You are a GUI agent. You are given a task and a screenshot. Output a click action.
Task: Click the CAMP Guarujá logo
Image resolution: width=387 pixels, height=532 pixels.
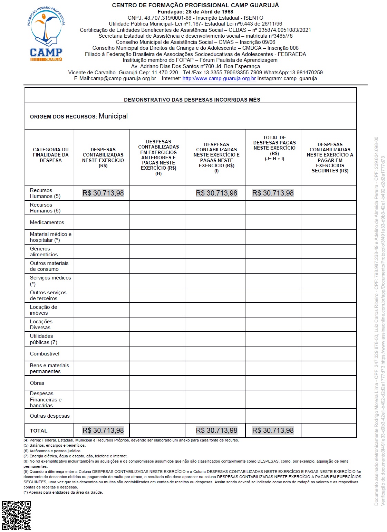46,34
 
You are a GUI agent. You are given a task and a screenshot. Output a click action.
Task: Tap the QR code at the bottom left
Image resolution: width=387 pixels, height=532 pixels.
16,516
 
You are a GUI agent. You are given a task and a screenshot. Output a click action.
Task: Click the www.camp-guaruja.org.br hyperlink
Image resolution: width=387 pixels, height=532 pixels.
219,78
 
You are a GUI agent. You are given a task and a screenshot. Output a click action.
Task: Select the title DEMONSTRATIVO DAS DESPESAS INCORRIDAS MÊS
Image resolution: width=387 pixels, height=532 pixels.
192,99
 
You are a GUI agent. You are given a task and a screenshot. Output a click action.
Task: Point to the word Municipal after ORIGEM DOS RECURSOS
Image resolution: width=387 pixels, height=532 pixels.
113,116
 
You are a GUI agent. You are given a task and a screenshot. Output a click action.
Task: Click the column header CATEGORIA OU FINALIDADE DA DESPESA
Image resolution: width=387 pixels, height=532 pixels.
51,155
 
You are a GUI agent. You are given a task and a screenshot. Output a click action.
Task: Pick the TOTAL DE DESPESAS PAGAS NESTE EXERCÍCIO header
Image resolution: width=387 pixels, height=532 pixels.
274,148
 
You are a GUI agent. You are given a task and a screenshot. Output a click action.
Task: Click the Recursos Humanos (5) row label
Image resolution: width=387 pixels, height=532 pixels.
45,193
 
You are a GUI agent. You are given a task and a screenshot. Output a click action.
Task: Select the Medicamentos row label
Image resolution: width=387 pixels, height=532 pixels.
47,222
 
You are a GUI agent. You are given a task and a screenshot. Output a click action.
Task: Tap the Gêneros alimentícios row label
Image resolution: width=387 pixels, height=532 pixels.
44,251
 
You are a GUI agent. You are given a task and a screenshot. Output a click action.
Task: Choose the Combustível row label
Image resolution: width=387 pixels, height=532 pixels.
45,354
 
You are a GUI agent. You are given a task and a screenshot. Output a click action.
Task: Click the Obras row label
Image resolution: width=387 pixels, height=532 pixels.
37,383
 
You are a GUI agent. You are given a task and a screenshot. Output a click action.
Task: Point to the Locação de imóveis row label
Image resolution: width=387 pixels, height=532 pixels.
43,310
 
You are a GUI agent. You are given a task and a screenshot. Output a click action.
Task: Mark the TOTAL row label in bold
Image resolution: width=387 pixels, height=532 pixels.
39,431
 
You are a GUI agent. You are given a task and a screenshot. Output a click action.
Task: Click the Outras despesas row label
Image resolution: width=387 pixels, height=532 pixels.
50,416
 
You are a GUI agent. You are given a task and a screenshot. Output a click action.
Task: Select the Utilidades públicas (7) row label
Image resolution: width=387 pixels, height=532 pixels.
43,339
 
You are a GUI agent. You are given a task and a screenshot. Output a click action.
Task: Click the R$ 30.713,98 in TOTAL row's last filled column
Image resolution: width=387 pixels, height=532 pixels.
273,430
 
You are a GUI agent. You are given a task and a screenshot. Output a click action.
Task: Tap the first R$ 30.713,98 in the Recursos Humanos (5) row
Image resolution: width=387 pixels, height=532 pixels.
103,193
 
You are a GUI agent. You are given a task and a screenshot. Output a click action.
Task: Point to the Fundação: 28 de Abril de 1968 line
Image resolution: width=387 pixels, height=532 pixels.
195,12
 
